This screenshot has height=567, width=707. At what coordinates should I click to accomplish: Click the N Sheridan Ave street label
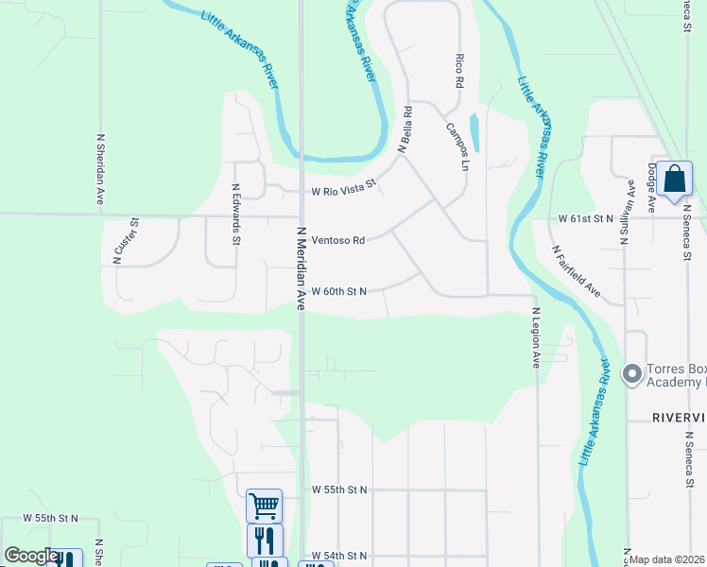point(99,169)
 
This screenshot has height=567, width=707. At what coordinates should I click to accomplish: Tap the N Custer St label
point(127,241)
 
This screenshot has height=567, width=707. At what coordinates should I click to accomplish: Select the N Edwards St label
point(235,214)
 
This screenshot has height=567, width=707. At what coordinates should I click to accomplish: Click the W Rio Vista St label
point(344,189)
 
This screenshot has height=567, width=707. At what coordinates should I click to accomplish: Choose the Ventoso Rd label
point(338,241)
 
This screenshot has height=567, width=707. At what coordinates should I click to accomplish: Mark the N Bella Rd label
point(405,129)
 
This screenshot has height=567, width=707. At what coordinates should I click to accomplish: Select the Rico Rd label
point(459,70)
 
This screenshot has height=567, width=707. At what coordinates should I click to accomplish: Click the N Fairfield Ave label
point(577,271)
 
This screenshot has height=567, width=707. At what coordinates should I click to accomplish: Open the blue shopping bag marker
point(676,180)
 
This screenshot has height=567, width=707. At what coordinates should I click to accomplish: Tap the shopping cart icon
point(264,506)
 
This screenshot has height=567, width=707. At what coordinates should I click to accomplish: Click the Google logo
point(30,556)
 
